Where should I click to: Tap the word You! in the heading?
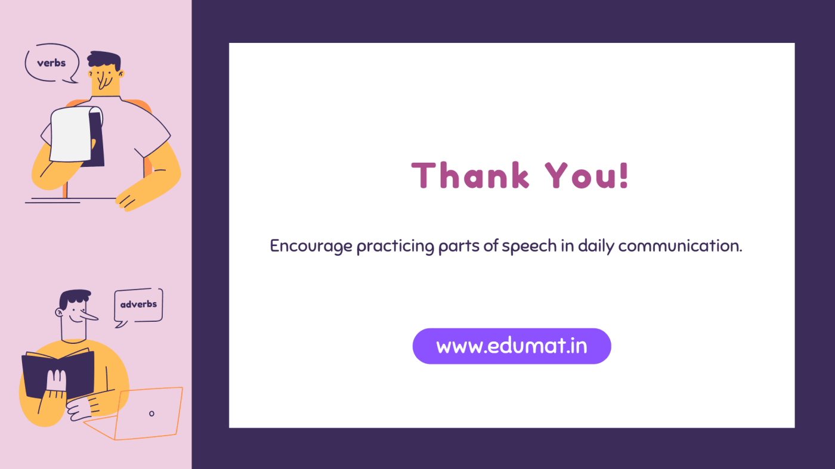click(x=587, y=176)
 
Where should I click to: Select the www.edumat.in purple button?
click(x=512, y=346)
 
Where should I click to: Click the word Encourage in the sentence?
click(x=311, y=246)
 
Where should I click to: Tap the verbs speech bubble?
click(x=51, y=63)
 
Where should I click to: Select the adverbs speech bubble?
click(x=138, y=305)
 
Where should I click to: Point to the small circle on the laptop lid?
click(x=151, y=414)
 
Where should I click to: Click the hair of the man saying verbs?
click(x=104, y=60)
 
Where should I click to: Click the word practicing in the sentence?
click(x=395, y=246)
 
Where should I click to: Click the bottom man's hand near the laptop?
click(x=81, y=409)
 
